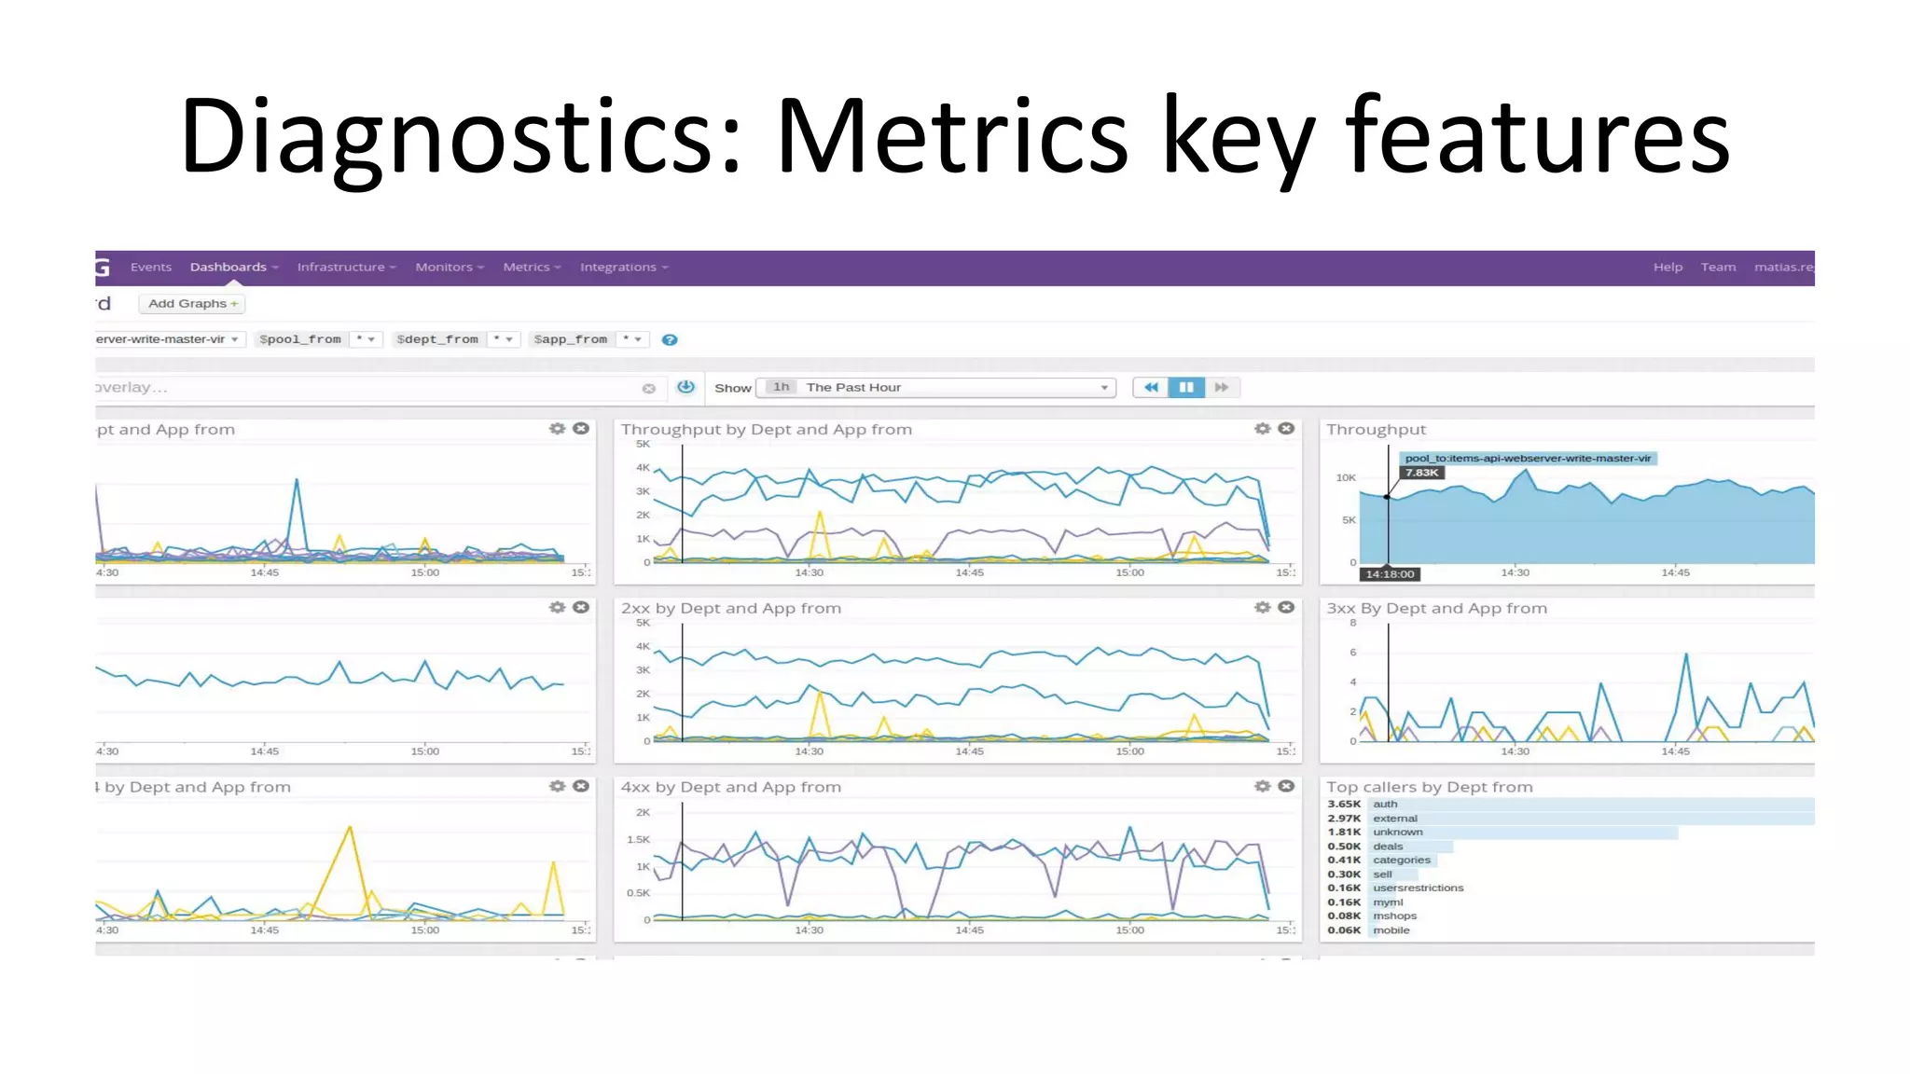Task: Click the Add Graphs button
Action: tap(192, 304)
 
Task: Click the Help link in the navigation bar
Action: tap(1668, 268)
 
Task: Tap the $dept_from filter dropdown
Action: tap(454, 339)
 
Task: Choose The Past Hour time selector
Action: tap(936, 388)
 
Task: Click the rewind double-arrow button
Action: tap(1151, 388)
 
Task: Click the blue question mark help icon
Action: tap(670, 340)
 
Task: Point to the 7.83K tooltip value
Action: tap(1421, 473)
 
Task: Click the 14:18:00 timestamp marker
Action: tap(1390, 574)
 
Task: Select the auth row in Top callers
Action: tap(1385, 805)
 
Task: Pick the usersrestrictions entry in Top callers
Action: tap(1418, 888)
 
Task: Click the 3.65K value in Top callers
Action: tap(1344, 805)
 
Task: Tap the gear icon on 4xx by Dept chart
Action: tap(1262, 787)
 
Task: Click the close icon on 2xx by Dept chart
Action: tap(1286, 608)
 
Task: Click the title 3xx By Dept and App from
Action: tap(1436, 609)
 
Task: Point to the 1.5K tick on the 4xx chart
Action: tap(638, 840)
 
